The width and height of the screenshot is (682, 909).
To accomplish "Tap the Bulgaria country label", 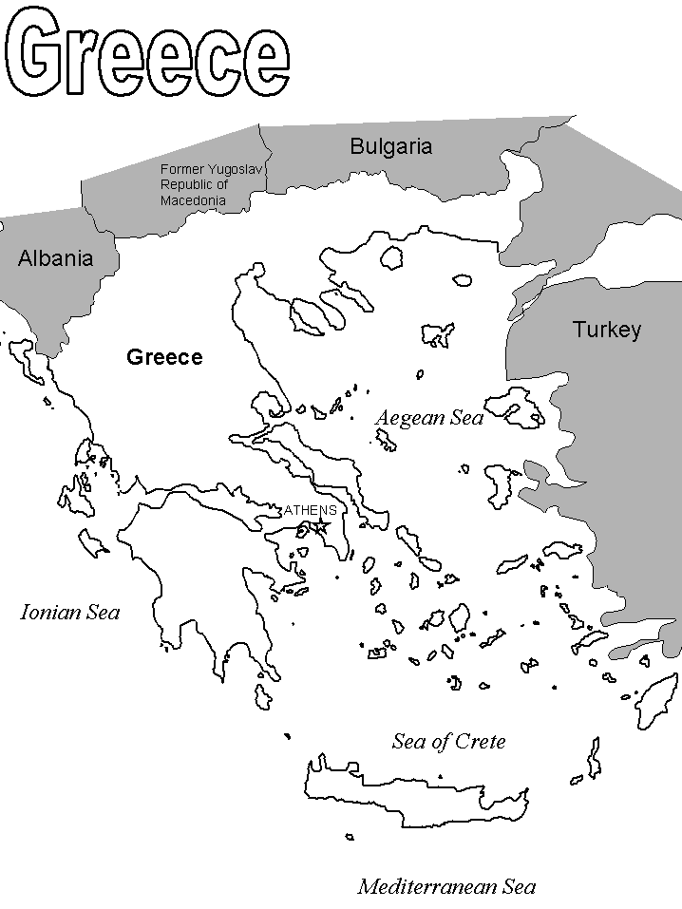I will [x=390, y=146].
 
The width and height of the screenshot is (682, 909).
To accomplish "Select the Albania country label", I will [x=55, y=258].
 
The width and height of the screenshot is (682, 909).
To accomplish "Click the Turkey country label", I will [x=606, y=330].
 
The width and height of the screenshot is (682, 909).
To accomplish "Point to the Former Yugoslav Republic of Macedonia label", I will [x=210, y=184].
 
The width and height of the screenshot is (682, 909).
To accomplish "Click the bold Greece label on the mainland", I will [x=164, y=357].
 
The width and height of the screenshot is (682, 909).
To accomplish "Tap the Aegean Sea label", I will [x=429, y=418].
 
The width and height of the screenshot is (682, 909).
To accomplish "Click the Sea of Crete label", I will [x=448, y=742].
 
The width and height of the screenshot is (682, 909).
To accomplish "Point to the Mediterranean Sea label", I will [x=446, y=887].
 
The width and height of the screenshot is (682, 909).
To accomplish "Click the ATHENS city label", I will [x=310, y=510].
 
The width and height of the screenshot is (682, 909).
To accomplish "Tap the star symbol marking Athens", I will [x=322, y=525].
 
